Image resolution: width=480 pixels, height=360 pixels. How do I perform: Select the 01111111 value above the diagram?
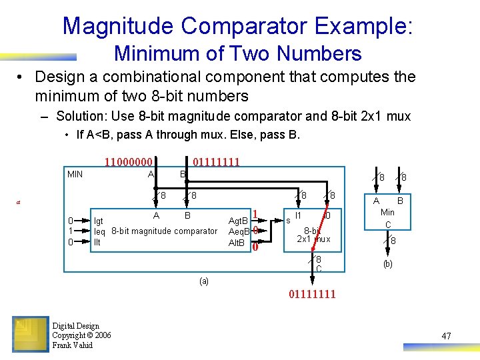(216, 162)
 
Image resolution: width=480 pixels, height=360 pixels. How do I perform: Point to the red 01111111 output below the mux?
(312, 294)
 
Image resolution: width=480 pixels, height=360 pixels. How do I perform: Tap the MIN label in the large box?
(75, 175)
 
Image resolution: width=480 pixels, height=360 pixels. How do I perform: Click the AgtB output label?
(238, 221)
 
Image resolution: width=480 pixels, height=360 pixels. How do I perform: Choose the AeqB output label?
(238, 231)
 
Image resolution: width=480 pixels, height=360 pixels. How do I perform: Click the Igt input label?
(99, 221)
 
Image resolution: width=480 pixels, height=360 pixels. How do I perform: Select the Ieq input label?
(99, 231)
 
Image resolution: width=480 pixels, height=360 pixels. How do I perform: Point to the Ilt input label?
(97, 242)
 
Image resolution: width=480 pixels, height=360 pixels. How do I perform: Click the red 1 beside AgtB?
(255, 214)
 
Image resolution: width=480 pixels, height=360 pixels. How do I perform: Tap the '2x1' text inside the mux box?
(305, 239)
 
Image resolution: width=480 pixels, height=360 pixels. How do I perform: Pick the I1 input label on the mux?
(298, 216)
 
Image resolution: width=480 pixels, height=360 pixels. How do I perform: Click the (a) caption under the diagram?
(204, 281)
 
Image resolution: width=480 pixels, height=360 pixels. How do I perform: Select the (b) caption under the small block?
(387, 264)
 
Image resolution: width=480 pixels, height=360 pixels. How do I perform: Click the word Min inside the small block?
(387, 213)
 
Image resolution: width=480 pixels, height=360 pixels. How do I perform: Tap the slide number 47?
(446, 336)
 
